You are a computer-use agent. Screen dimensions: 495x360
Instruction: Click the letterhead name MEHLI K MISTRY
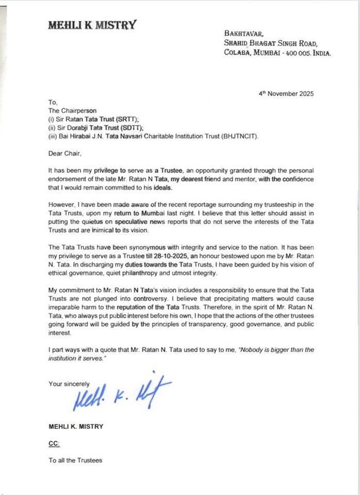[92, 24]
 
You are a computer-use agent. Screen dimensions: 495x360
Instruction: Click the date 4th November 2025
[286, 94]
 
